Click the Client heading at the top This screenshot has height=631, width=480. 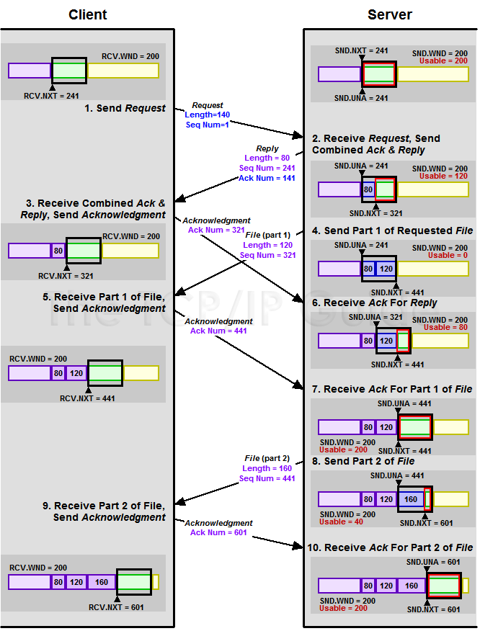tap(87, 14)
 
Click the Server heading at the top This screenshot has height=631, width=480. tap(389, 14)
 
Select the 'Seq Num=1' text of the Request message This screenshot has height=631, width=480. tap(208, 125)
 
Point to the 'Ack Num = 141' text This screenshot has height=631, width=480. tap(267, 178)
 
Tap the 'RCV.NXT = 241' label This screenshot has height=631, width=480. tap(52, 95)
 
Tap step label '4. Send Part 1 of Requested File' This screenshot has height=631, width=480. tap(392, 231)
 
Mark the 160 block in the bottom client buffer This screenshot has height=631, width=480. tap(102, 581)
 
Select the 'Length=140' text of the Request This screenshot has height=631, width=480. tap(208, 115)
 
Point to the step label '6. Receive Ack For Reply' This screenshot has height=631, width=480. tap(374, 303)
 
